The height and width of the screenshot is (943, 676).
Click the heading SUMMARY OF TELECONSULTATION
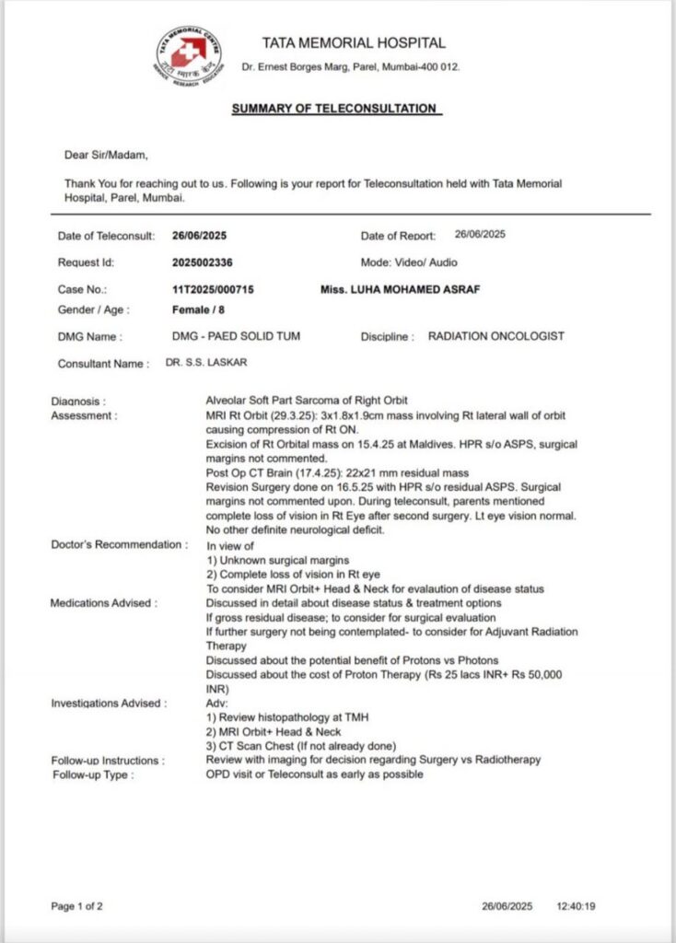pos(335,109)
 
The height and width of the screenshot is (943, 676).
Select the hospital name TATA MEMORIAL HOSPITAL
pos(354,42)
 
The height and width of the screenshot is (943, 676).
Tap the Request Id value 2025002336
pos(203,262)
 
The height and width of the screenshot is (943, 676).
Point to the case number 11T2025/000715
pos(213,289)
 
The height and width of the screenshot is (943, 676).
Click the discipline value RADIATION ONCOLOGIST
pos(496,337)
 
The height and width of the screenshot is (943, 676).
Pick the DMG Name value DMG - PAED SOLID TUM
pos(236,337)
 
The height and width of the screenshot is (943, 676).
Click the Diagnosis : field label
pos(78,402)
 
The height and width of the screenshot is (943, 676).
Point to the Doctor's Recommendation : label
pos(119,544)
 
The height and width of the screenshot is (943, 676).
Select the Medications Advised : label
pos(104,603)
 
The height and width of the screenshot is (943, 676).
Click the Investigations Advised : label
pos(109,704)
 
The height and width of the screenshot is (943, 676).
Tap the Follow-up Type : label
pos(92,774)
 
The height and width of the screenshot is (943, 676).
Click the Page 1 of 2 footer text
pos(77,906)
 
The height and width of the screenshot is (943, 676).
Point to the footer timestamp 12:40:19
pos(576,906)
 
